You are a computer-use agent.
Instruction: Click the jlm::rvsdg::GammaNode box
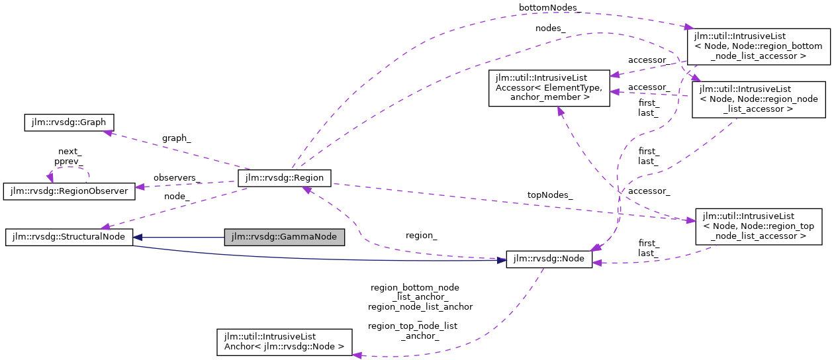[285, 237]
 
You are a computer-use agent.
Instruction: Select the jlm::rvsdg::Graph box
[69, 122]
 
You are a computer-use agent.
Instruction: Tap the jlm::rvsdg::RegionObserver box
[69, 191]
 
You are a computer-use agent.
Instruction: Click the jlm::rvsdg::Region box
[285, 177]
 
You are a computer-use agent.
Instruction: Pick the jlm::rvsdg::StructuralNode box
[69, 237]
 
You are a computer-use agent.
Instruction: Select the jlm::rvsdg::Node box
[549, 259]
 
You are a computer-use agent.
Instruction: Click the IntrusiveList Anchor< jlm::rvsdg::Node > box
[284, 341]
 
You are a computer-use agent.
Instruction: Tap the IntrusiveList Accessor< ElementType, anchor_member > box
[549, 88]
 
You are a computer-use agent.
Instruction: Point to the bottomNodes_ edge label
[560, 7]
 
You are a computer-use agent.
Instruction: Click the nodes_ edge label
[550, 28]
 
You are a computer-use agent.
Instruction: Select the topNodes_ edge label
[550, 195]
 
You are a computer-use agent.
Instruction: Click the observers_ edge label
[177, 178]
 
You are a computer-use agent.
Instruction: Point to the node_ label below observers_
[177, 196]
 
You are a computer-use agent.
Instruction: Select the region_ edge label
[420, 235]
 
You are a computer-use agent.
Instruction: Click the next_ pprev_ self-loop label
[69, 156]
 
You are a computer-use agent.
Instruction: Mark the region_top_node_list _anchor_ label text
[412, 331]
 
